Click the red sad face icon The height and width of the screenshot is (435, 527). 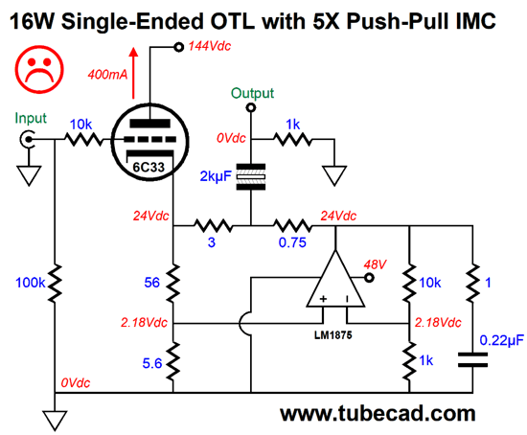point(39,69)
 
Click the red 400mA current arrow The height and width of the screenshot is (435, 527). point(134,73)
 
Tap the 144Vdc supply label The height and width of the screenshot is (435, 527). point(210,46)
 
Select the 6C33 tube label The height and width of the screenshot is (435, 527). point(149,167)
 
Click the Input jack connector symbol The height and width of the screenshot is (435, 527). point(27,139)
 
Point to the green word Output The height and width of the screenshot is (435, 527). point(252,93)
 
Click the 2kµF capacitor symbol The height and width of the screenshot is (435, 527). point(251,177)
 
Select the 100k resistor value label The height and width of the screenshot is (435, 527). point(31,283)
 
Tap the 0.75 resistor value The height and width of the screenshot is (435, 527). point(292,242)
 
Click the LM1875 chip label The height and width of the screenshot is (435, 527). point(333,334)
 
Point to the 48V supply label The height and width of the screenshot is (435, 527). point(375,264)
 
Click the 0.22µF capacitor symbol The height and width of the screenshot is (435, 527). point(472,359)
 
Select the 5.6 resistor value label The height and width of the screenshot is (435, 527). point(152,363)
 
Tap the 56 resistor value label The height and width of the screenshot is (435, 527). point(152,283)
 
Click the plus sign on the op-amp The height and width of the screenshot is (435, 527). point(323,299)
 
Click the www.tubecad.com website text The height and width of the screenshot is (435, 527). point(378,413)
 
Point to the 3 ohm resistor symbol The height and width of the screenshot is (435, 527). point(213,225)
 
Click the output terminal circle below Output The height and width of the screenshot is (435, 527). point(251,107)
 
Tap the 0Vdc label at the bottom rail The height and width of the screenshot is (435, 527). point(76,383)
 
